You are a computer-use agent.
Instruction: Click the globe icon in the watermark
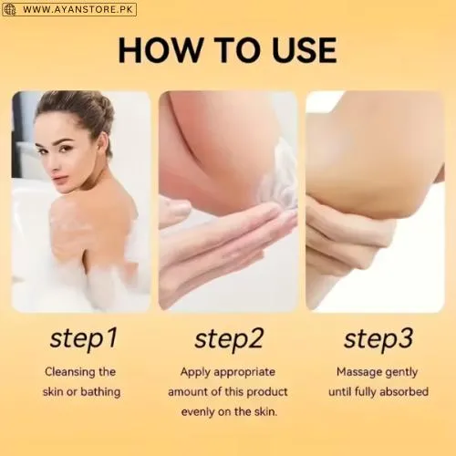coord(10,10)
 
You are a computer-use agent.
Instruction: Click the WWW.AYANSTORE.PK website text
coord(78,9)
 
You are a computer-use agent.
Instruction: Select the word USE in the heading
coord(304,50)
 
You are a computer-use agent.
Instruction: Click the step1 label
coord(84,339)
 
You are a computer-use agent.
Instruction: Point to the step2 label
coord(229,339)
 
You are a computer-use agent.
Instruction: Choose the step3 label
coord(378,339)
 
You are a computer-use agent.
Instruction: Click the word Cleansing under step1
coord(66,372)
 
